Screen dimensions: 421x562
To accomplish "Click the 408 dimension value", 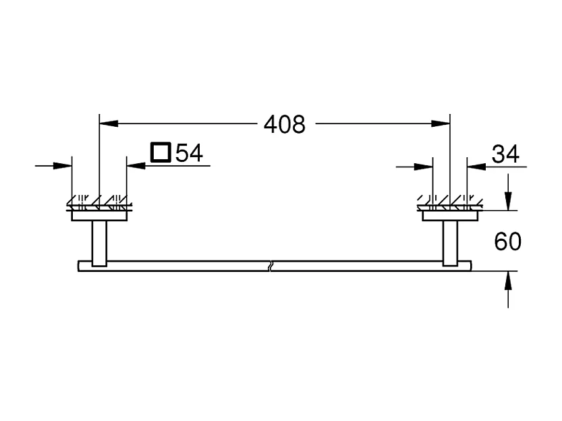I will click(x=284, y=124).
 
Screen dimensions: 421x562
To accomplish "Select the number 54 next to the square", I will click(x=189, y=153).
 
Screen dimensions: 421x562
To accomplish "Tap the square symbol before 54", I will click(x=161, y=153).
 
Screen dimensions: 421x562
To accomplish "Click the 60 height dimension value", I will click(x=508, y=242).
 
